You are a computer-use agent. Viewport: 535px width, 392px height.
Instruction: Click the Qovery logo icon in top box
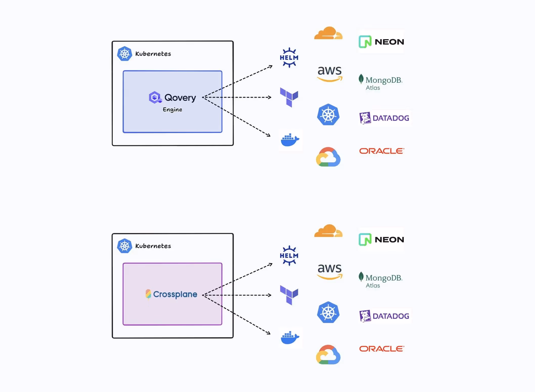pyautogui.click(x=155, y=97)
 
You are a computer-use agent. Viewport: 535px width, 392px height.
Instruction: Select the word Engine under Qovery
pyautogui.click(x=172, y=109)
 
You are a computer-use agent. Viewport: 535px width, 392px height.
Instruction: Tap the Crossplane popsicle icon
pyautogui.click(x=148, y=294)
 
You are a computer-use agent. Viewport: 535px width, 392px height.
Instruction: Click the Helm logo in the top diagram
pyautogui.click(x=289, y=58)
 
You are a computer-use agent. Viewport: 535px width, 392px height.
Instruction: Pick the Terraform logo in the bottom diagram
pyautogui.click(x=289, y=295)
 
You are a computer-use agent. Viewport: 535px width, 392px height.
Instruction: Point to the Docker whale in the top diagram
pyautogui.click(x=290, y=140)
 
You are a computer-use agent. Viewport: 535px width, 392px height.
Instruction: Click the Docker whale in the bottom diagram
pyautogui.click(x=290, y=338)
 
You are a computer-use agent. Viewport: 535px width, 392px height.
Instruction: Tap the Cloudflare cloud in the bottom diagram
pyautogui.click(x=328, y=231)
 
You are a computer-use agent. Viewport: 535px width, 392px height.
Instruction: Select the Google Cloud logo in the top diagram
pyautogui.click(x=328, y=157)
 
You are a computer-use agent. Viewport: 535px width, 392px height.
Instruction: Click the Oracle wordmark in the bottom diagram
pyautogui.click(x=382, y=349)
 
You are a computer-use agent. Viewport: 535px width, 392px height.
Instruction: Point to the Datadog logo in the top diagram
pyautogui.click(x=384, y=118)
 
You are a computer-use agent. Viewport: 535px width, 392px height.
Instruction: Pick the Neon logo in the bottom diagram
pyautogui.click(x=381, y=239)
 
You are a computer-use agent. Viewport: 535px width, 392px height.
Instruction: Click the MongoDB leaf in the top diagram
pyautogui.click(x=361, y=79)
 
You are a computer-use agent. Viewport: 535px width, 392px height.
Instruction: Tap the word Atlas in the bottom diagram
pyautogui.click(x=373, y=285)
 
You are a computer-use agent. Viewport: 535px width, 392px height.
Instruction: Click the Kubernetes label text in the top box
pyautogui.click(x=153, y=54)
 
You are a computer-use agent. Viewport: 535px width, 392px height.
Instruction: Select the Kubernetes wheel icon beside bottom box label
pyautogui.click(x=125, y=246)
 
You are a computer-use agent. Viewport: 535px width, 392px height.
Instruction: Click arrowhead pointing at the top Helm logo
pyautogui.click(x=271, y=66)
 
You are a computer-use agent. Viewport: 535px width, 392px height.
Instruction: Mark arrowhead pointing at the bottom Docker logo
pyautogui.click(x=269, y=333)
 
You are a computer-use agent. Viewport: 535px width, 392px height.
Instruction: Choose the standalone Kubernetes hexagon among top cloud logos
pyautogui.click(x=328, y=115)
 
